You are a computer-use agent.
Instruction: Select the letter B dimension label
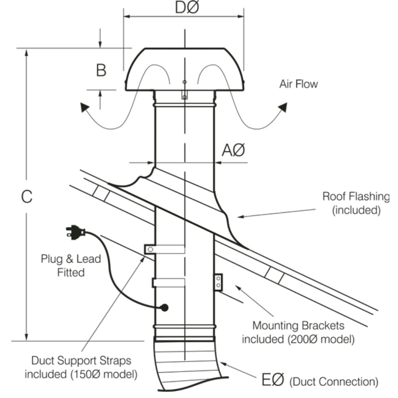coord(101,70)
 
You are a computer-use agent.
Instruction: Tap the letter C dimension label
coord(26,197)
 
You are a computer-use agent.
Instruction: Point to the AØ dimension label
coord(233,151)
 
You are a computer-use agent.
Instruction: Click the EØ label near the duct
coord(273,380)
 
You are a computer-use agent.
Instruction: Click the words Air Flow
coord(298,84)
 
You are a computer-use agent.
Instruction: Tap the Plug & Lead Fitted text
coord(71,265)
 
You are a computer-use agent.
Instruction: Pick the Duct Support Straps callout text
coord(82,367)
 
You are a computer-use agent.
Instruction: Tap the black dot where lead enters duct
coord(164,308)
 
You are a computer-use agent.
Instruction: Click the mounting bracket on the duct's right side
coord(218,282)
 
